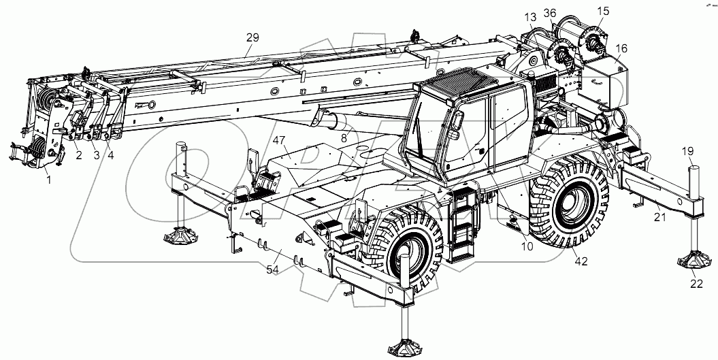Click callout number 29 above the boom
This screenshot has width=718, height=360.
tap(252, 38)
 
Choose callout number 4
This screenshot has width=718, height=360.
tap(111, 155)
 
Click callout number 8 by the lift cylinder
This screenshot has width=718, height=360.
tap(344, 138)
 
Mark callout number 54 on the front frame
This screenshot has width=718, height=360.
tap(272, 271)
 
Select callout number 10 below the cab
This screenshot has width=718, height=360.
tap(527, 246)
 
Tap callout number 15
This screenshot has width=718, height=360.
tap(604, 11)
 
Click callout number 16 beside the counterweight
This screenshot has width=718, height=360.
tap(622, 49)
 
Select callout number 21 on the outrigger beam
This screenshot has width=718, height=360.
tap(659, 217)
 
